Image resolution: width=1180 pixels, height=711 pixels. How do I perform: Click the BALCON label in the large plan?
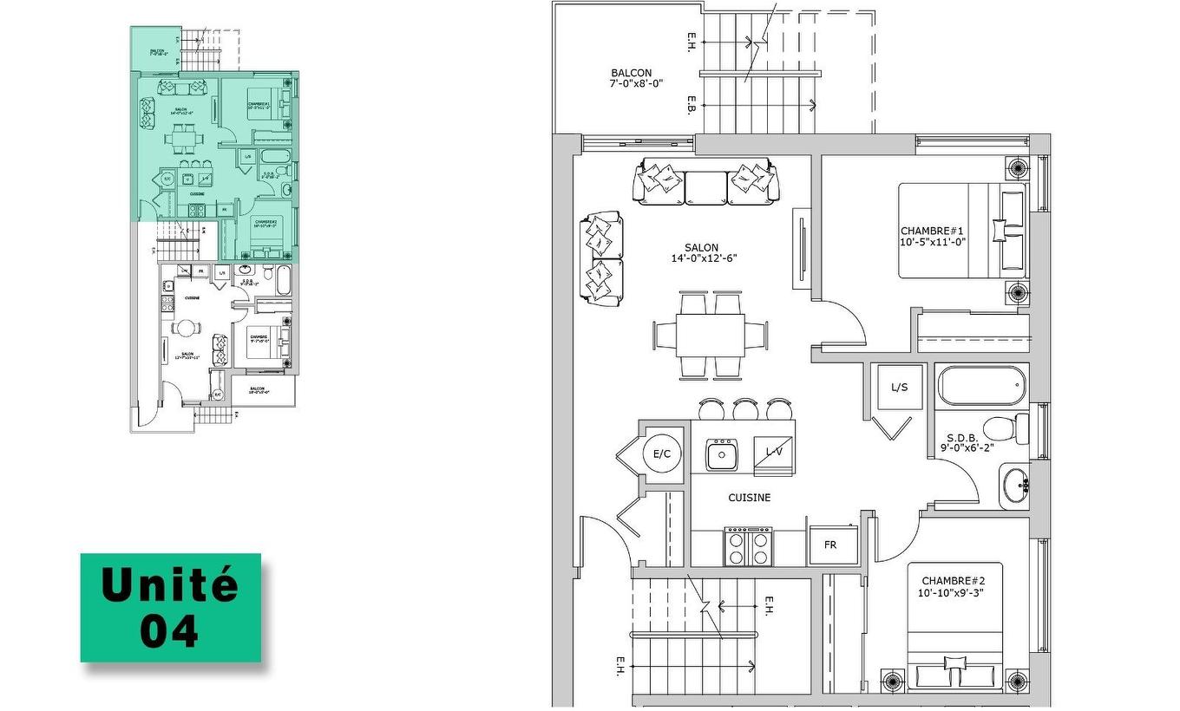(631, 79)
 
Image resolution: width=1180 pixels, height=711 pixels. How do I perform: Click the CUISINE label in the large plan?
(749, 498)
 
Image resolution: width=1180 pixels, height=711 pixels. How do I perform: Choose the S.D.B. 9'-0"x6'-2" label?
(966, 443)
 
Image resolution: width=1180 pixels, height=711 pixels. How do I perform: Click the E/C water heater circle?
(661, 453)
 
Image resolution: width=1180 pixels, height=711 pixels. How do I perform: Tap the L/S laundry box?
(899, 388)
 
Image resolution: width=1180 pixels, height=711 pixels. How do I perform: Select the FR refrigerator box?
(830, 545)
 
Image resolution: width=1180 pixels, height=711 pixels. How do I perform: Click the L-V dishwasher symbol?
(773, 452)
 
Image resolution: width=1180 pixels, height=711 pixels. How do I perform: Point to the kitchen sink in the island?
(720, 453)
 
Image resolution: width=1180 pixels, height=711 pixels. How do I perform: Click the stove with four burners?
(748, 547)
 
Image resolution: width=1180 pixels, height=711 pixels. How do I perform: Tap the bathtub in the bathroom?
(982, 386)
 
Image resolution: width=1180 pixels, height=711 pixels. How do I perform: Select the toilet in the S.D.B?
(1006, 427)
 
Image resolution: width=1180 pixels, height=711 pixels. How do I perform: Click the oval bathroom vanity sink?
(1013, 487)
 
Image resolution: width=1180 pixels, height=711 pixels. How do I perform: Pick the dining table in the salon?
(711, 335)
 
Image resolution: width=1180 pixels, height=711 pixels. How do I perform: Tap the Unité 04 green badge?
(170, 608)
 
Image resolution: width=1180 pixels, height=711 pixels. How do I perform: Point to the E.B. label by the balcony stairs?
(691, 105)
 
